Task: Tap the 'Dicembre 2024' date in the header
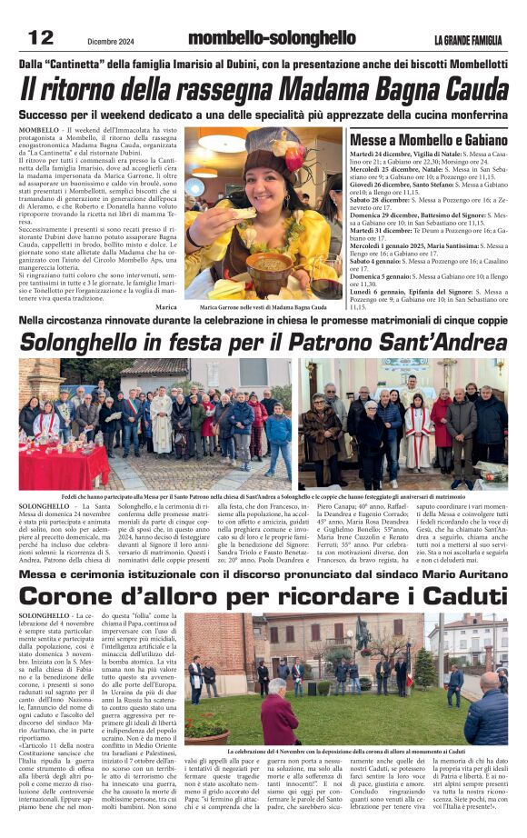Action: click(112, 40)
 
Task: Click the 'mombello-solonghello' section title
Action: click(272, 38)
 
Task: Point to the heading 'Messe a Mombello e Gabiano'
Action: click(428, 141)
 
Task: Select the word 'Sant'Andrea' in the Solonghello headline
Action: click(440, 343)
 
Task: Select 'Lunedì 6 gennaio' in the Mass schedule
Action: click(377, 292)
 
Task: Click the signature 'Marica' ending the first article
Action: click(165, 307)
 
